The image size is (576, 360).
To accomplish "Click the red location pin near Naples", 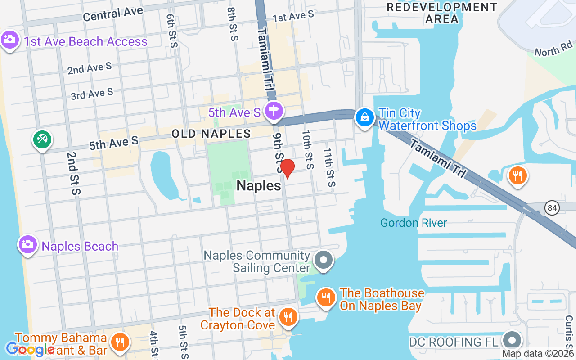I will pyautogui.click(x=287, y=168).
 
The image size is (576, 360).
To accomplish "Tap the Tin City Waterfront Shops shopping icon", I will pyautogui.click(x=365, y=118).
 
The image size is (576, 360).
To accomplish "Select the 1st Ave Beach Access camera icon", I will pyautogui.click(x=10, y=40).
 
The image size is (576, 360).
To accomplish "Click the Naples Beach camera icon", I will pyautogui.click(x=27, y=245).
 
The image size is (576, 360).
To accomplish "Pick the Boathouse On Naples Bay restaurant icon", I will pyautogui.click(x=325, y=297).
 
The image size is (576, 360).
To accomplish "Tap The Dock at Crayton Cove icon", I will pyautogui.click(x=287, y=317).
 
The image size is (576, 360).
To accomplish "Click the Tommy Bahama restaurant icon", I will pyautogui.click(x=120, y=342).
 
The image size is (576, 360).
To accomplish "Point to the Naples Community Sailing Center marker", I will pyautogui.click(x=323, y=260).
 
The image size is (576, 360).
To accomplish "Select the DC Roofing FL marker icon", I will pyautogui.click(x=512, y=340).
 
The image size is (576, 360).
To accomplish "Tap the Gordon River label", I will pyautogui.click(x=414, y=223).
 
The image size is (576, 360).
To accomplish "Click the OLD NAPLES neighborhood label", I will pyautogui.click(x=211, y=134).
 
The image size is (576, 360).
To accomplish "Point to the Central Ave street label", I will pyautogui.click(x=113, y=14).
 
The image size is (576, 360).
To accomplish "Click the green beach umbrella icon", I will pyautogui.click(x=42, y=139).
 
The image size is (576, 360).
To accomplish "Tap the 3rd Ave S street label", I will pyautogui.click(x=92, y=94).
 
